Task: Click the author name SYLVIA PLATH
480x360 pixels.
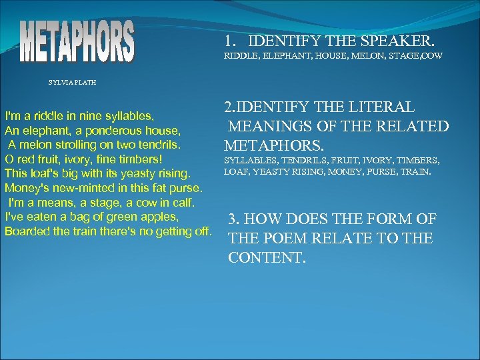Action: point(72,83)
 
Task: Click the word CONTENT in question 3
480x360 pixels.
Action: point(267,257)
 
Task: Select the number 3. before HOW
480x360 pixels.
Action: point(235,219)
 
